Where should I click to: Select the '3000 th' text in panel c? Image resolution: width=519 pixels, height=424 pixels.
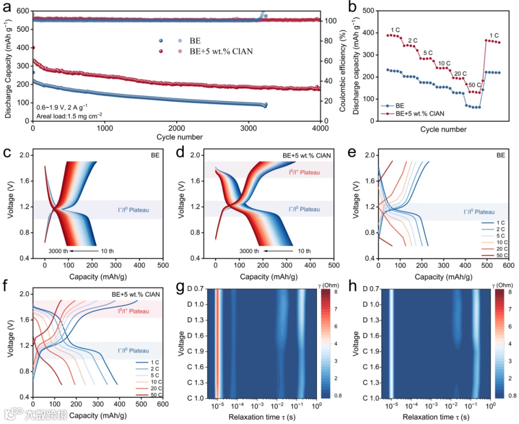coord(58,250)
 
